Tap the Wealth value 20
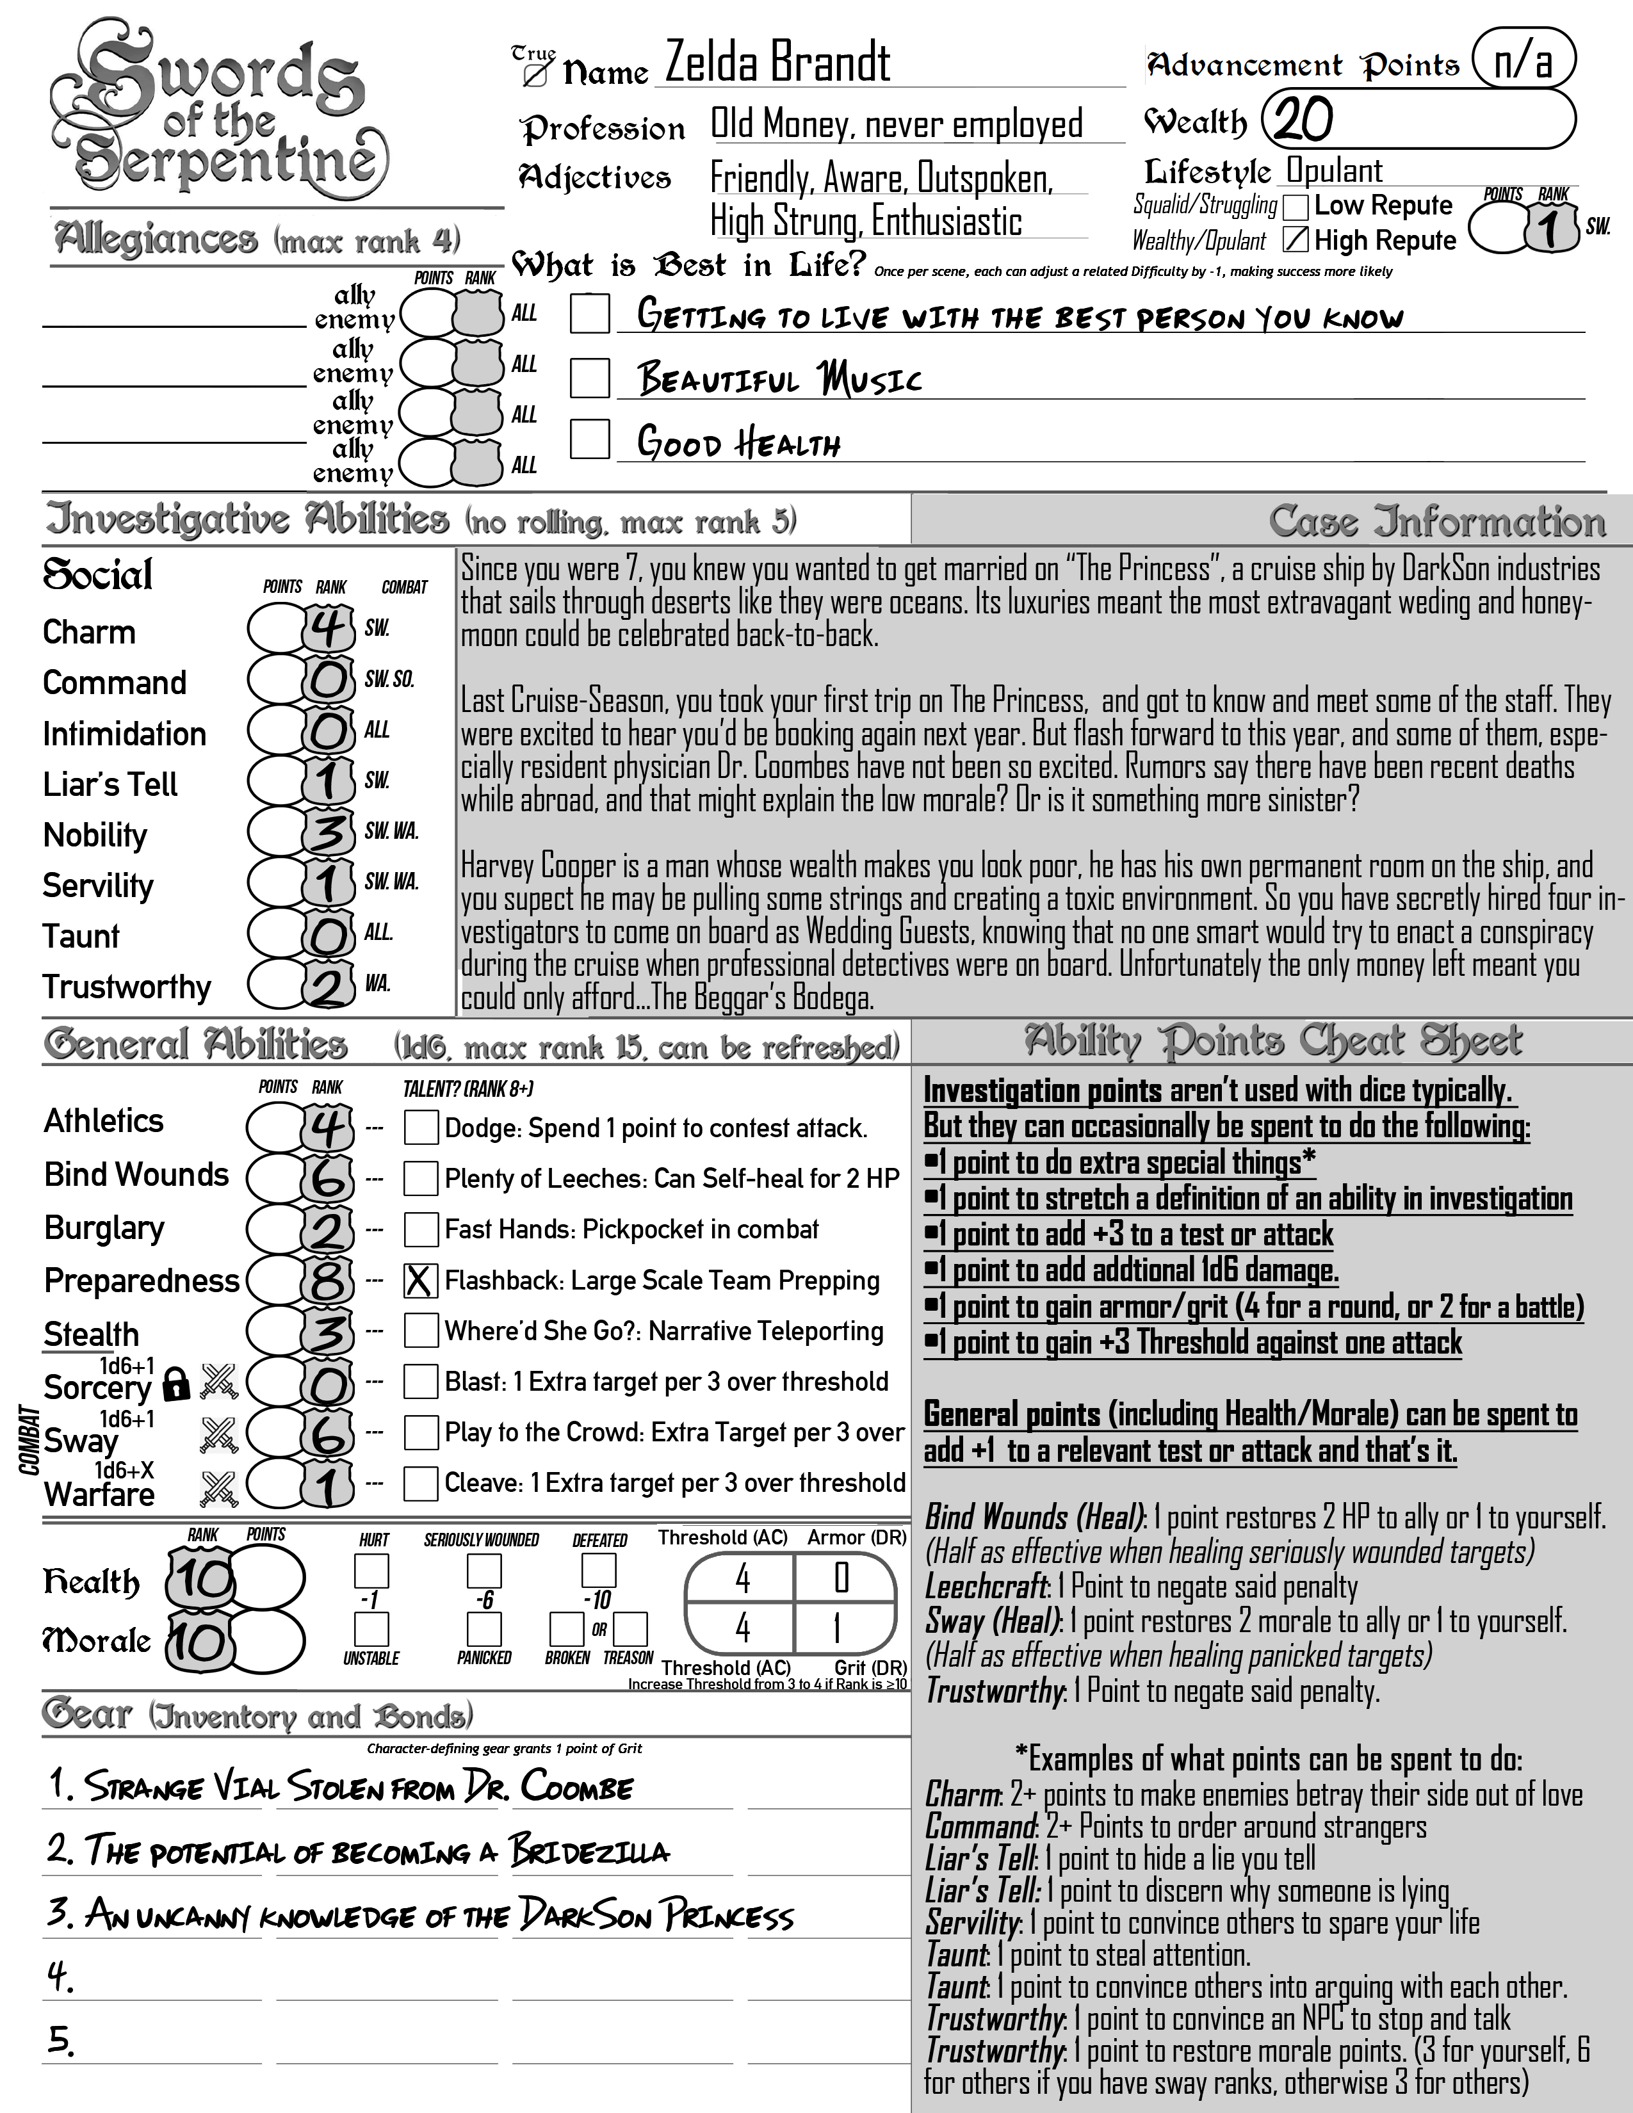1303,120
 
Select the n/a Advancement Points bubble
1523,61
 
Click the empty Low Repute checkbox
1296,206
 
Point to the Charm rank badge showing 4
328,628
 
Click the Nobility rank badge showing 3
328,831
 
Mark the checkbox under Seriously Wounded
483,1570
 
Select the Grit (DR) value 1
838,1630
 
